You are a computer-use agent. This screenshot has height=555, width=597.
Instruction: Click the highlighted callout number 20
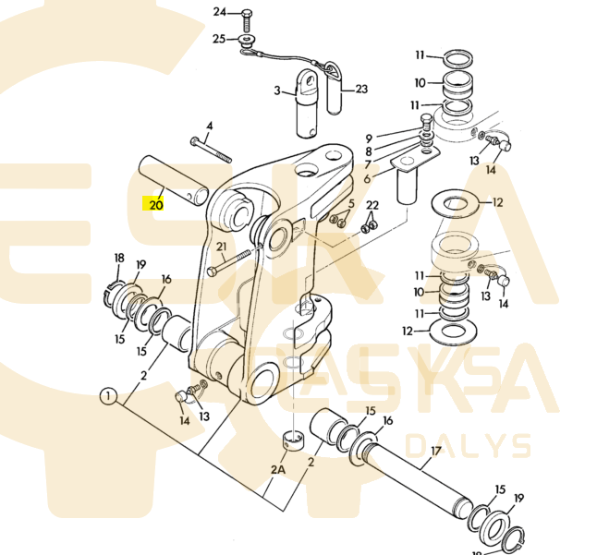click(x=155, y=204)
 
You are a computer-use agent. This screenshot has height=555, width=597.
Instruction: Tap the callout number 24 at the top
click(x=219, y=12)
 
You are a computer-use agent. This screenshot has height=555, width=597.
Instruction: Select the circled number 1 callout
click(x=108, y=398)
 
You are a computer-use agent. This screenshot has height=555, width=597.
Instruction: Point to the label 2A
click(x=278, y=470)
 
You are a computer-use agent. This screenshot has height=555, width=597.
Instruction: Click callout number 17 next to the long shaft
click(x=435, y=452)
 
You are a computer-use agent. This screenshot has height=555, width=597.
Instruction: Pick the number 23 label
click(x=361, y=90)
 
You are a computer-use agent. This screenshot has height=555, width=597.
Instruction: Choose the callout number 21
click(x=221, y=247)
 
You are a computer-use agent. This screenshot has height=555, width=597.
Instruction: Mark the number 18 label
click(x=118, y=258)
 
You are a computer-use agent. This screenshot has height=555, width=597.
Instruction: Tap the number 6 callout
click(x=367, y=178)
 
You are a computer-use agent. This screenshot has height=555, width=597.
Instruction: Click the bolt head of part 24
click(x=248, y=13)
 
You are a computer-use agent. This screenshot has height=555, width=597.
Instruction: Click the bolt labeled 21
click(x=233, y=262)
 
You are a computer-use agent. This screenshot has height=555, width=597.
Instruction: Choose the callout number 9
click(x=368, y=138)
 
